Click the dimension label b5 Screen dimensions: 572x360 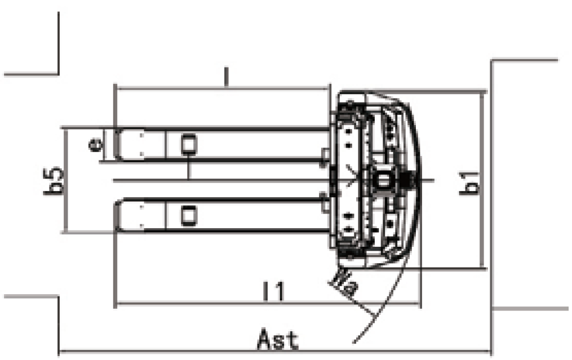[54, 181]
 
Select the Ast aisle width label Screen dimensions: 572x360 [278, 339]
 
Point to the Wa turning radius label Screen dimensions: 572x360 [343, 282]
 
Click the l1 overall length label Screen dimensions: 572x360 [273, 291]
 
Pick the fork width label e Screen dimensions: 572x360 [95, 145]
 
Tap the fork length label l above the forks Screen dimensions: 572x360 [226, 77]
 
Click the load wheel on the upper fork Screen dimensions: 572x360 [189, 143]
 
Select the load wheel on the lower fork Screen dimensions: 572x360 [189, 215]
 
